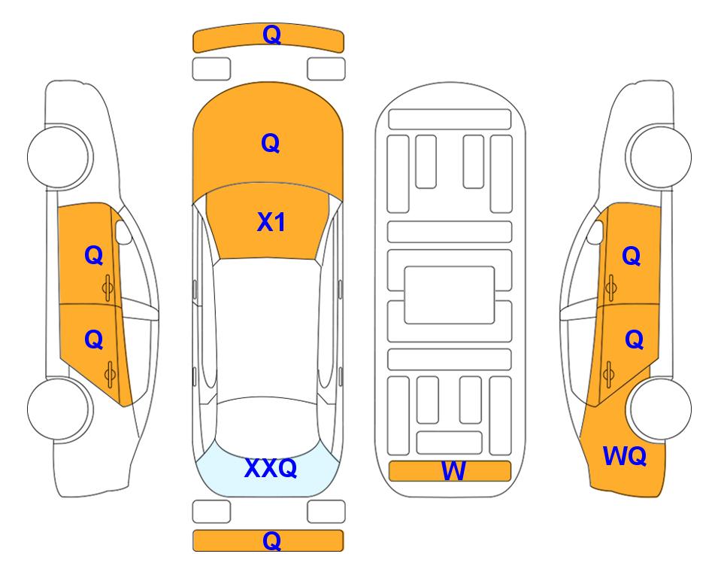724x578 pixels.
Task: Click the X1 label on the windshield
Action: coord(271,222)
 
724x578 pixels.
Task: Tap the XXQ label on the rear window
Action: coord(271,468)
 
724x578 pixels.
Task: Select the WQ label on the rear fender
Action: coord(625,456)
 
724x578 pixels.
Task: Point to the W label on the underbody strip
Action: coord(453,471)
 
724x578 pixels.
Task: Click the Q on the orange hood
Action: coord(271,143)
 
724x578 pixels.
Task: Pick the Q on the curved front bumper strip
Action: coord(271,35)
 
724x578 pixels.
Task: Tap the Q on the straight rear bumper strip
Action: coord(271,540)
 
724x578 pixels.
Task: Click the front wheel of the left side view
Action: coord(59,157)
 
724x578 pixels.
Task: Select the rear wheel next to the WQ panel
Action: coord(660,409)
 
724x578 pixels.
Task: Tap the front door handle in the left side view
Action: coord(108,288)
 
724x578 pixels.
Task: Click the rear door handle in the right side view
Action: coord(608,374)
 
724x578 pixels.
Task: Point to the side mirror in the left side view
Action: coord(123,232)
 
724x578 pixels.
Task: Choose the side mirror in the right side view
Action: coord(595,232)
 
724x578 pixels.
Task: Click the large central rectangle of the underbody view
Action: coord(450,295)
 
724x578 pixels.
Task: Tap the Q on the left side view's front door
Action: coord(94,255)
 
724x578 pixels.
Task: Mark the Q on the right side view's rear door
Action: coord(635,340)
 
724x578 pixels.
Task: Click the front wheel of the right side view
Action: coord(660,157)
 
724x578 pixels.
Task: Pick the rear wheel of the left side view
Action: coord(59,409)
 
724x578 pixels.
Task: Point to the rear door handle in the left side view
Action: coord(110,374)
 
